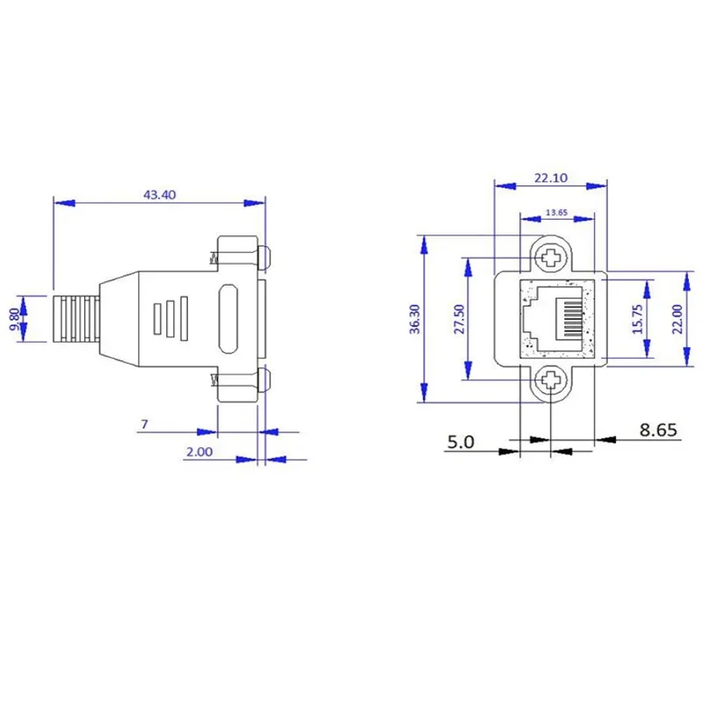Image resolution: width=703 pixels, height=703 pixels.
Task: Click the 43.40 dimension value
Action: pos(160,195)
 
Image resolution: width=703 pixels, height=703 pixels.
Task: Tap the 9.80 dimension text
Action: pos(14,319)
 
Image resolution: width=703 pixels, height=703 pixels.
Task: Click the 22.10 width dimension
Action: pos(551,178)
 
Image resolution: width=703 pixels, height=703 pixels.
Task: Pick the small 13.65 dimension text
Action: pos(555,212)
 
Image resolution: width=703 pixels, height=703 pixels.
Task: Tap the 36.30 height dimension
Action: pos(415,319)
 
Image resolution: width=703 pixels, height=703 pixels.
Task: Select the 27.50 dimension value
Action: pos(456,319)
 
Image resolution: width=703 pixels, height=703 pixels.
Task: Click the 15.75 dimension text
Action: pos(639,319)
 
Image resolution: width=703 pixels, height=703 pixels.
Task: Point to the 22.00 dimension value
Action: pos(678,319)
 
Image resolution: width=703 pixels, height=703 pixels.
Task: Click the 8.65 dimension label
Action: pos(658,430)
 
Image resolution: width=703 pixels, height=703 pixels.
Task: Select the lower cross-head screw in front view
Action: pos(551,380)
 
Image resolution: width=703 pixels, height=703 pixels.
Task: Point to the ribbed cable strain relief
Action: pos(76,319)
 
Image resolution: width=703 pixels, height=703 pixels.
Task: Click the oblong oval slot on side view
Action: pos(227,319)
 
